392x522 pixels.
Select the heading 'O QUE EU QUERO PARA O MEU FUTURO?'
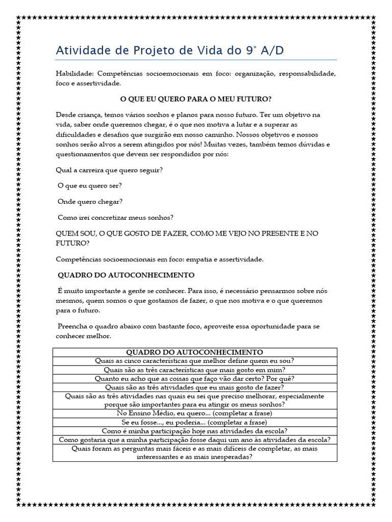coord(195,98)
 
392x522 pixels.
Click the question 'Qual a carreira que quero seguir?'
coord(109,170)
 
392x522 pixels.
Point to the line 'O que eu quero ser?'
coord(90,185)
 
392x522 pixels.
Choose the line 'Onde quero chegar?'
coord(90,201)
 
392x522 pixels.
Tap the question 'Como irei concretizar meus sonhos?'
coord(115,217)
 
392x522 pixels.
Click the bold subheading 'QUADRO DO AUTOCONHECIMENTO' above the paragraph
coord(126,275)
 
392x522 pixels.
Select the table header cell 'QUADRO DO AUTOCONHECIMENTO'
coord(194,352)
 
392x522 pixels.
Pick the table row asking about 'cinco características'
coord(194,361)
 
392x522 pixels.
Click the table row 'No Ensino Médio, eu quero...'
coord(194,413)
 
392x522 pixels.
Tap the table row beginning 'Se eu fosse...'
coord(194,422)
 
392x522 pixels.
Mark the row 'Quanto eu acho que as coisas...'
coord(194,378)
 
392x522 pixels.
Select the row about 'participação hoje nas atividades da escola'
coord(194,431)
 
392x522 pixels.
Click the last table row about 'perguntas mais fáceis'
coord(194,453)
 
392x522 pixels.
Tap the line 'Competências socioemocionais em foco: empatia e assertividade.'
coord(160,259)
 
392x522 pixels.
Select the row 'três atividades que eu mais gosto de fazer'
coord(194,387)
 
